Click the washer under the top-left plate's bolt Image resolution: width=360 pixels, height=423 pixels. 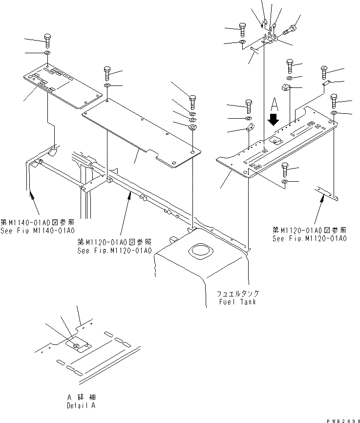pos(47,53)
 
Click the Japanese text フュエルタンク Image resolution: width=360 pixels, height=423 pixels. pos(238,294)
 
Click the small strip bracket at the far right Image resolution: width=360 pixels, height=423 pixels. pos(327,193)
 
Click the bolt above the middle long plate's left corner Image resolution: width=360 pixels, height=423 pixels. pos(107,74)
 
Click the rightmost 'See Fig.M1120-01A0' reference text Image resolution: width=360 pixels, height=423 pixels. pos(309,238)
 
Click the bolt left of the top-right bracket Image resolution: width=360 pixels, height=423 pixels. pos(242,29)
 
